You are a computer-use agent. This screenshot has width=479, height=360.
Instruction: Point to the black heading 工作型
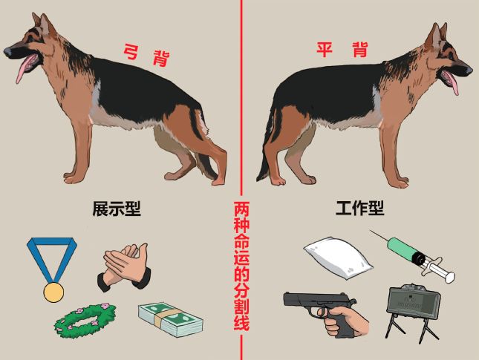(360, 208)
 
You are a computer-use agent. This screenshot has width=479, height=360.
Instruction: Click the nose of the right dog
(470, 71)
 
